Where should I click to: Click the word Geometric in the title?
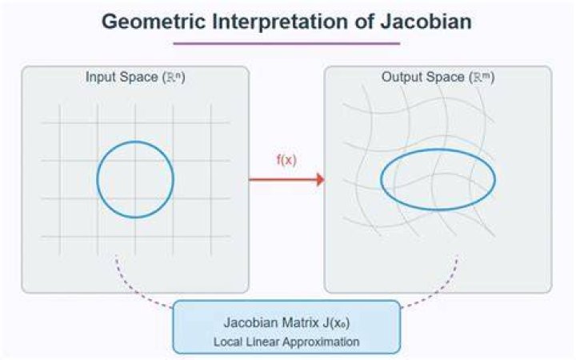(x=153, y=22)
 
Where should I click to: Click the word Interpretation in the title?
(x=279, y=22)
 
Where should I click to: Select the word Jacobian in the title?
(x=426, y=22)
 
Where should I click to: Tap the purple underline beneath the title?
(x=286, y=43)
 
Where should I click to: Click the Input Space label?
(x=122, y=77)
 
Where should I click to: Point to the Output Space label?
(x=423, y=77)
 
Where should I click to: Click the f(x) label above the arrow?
(x=286, y=160)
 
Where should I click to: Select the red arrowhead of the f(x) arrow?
(x=320, y=180)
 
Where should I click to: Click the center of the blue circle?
(x=135, y=179)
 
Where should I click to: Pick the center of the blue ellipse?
(x=438, y=179)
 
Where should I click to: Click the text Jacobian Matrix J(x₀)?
(x=286, y=323)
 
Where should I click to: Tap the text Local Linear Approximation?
(x=286, y=342)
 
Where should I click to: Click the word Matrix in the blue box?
(x=300, y=322)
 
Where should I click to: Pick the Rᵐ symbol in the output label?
(x=482, y=77)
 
